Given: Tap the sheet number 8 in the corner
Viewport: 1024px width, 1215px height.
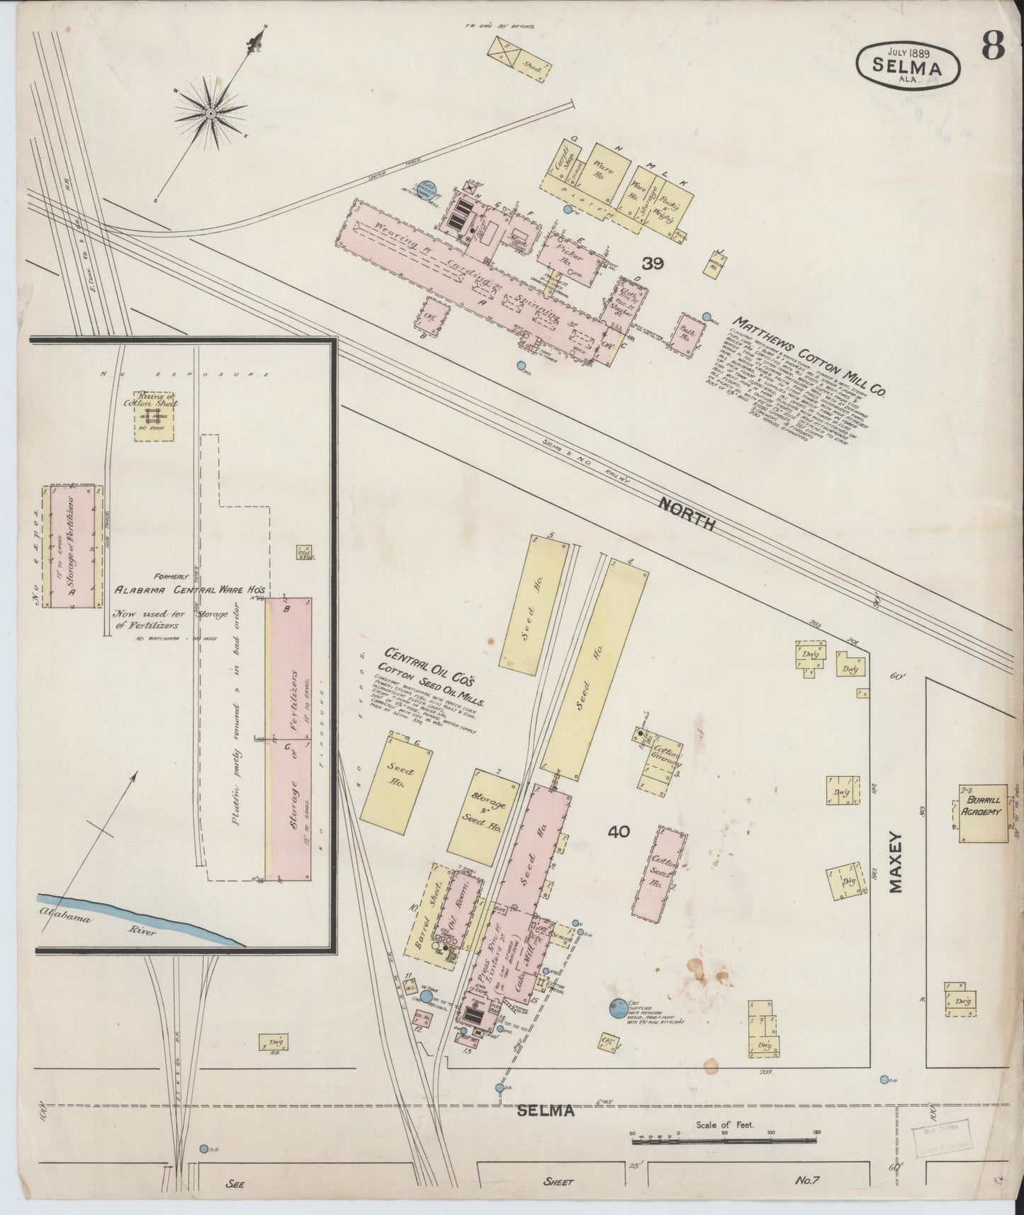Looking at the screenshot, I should tap(992, 47).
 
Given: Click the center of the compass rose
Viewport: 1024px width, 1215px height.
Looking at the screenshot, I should tap(210, 113).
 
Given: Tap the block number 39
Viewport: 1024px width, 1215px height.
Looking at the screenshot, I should tap(652, 264).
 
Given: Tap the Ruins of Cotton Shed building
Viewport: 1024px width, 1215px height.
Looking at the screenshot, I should tap(154, 415).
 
